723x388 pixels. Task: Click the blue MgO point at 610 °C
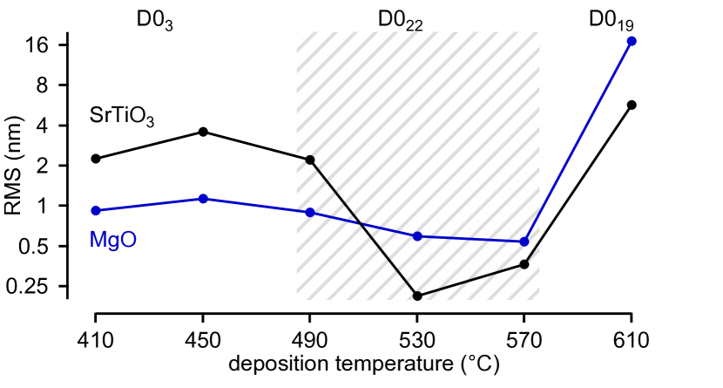[632, 41]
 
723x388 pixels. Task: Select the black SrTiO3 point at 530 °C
[417, 296]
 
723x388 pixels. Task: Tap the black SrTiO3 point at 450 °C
[203, 132]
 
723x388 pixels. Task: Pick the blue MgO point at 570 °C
[524, 242]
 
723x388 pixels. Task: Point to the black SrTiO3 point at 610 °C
[632, 105]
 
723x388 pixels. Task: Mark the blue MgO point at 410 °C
[96, 210]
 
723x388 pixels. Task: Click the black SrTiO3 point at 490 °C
[310, 160]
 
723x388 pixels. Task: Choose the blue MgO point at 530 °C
[417, 236]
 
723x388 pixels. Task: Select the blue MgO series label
[112, 239]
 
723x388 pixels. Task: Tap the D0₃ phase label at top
[154, 21]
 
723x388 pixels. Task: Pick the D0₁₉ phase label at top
[612, 21]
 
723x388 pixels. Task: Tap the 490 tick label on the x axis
[310, 339]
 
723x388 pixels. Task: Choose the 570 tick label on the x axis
[524, 339]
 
